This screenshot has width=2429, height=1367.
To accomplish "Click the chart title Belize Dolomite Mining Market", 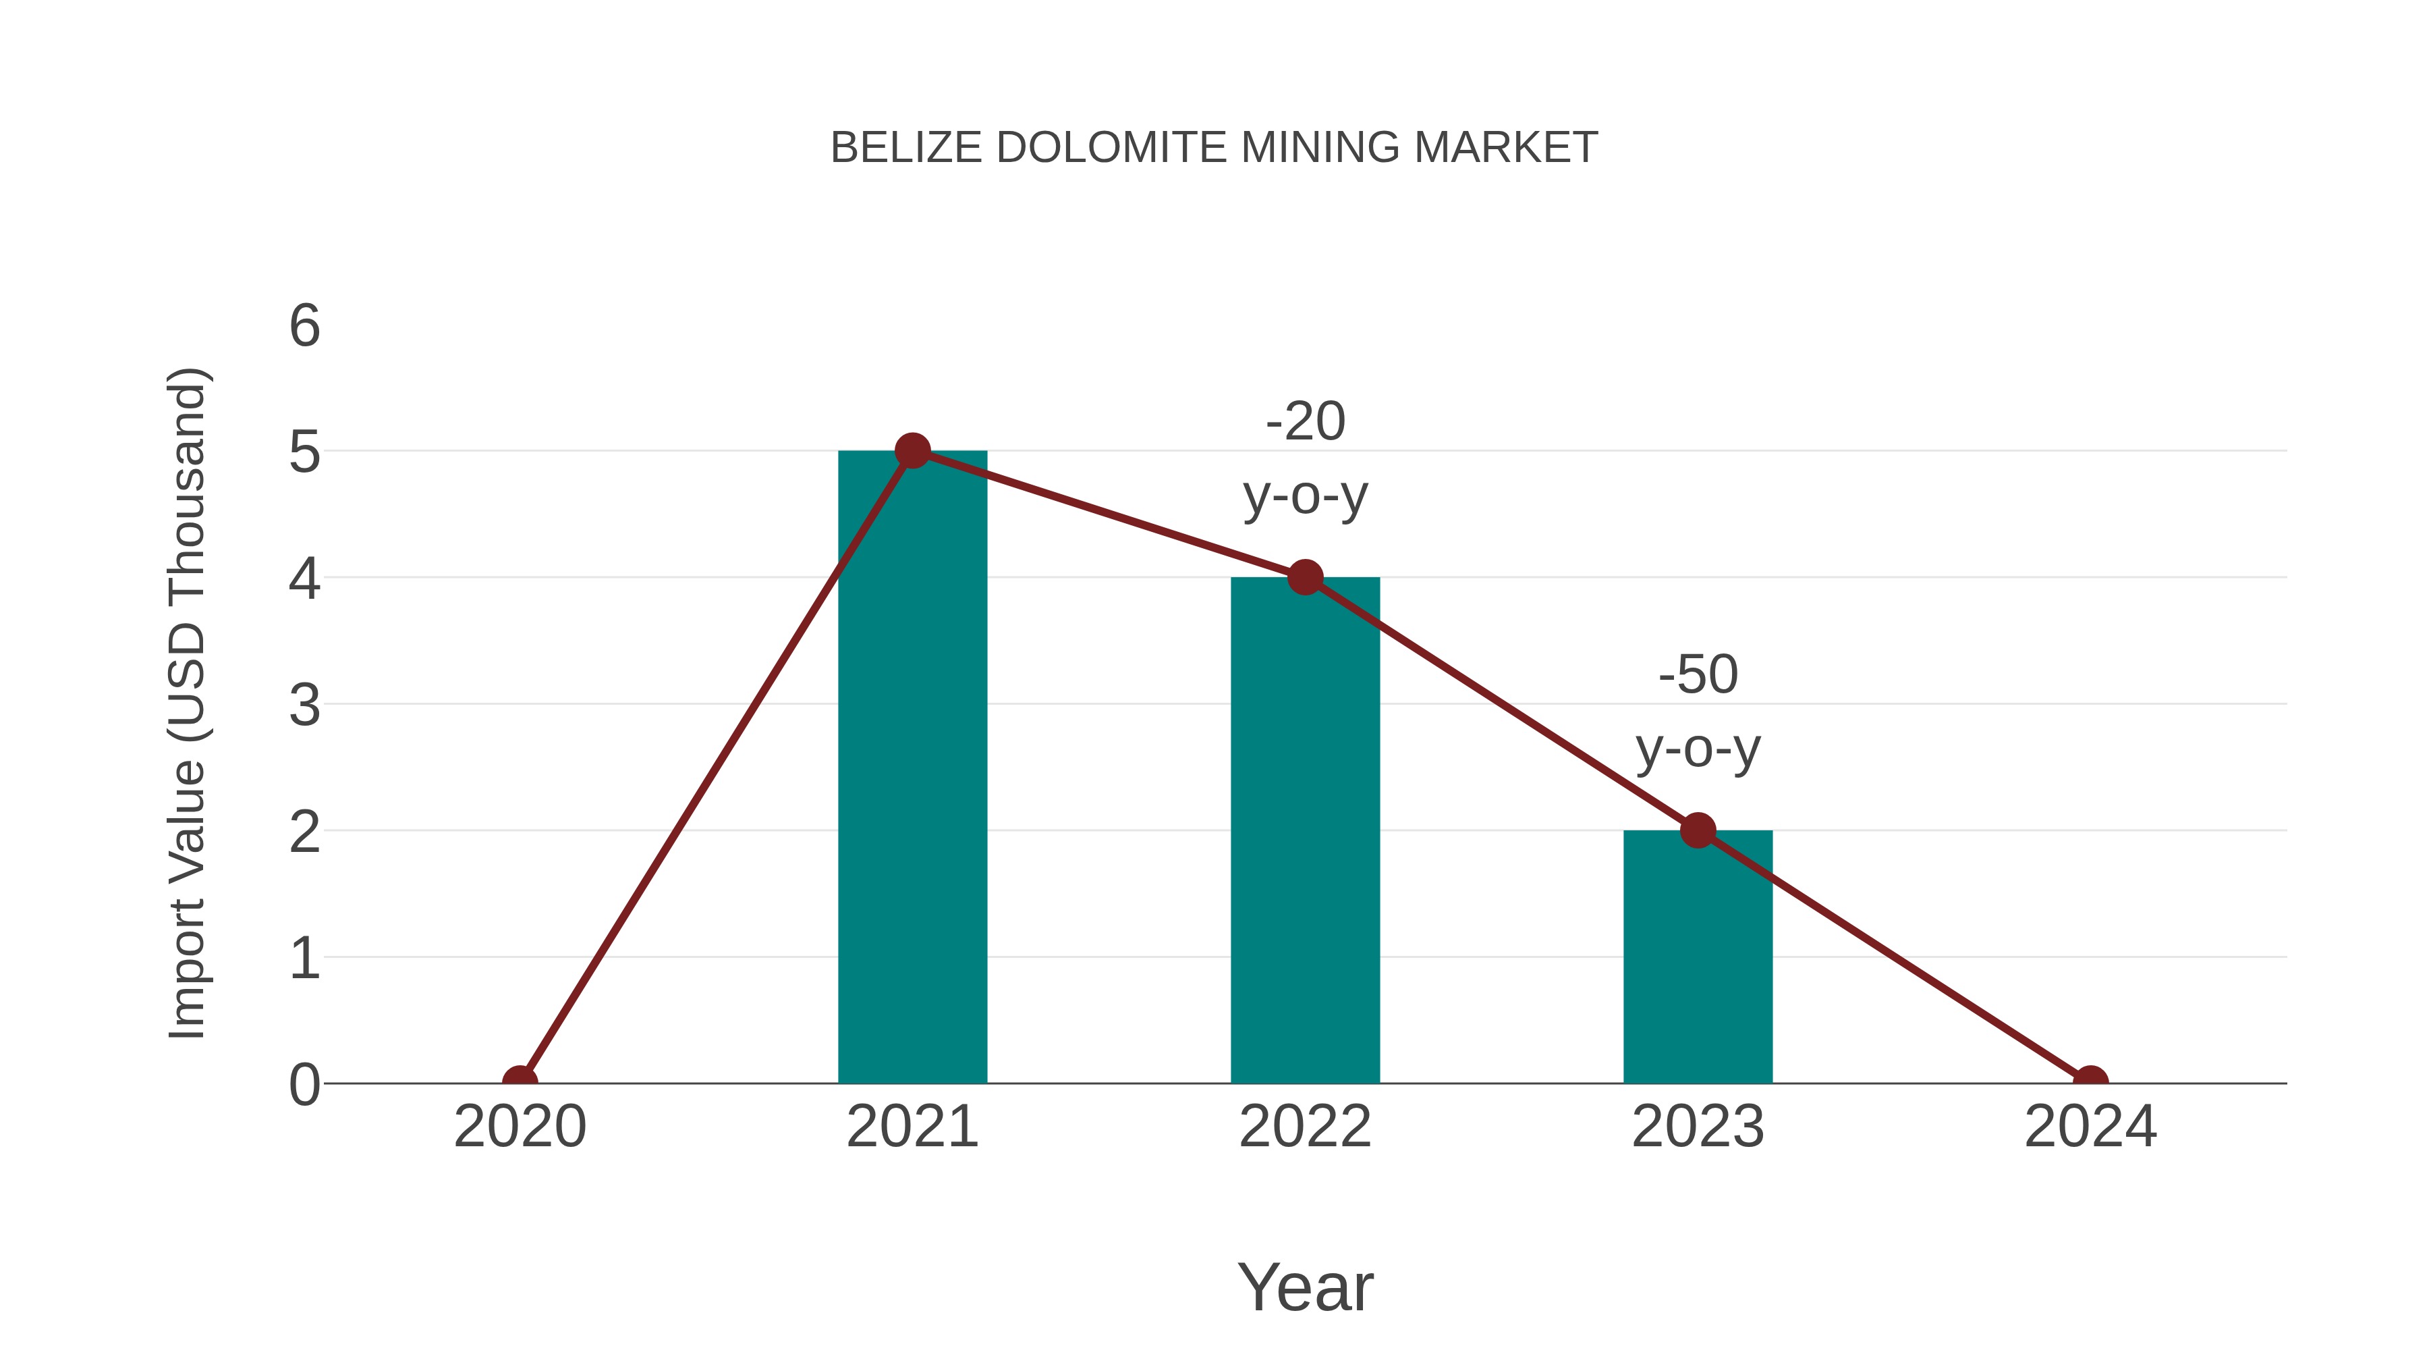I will [x=1214, y=148].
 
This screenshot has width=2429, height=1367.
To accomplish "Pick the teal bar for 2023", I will [x=1698, y=962].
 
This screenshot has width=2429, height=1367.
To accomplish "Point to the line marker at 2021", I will [x=912, y=451].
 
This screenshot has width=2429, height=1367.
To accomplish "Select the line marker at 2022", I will [x=1305, y=577].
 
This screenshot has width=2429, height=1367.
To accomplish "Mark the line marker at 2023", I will [x=1698, y=830].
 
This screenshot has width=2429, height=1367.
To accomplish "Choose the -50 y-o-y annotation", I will [x=1698, y=712].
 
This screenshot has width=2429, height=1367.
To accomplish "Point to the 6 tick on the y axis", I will [x=304, y=327].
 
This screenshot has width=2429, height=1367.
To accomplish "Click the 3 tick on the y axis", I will [x=304, y=705].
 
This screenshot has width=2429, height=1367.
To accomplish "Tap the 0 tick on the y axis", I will [x=304, y=1085].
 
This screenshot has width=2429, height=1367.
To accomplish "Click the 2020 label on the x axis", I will [x=520, y=1127].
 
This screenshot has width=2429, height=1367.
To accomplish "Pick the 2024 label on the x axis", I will [x=2090, y=1127].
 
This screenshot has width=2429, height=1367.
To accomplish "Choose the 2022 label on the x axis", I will [x=1305, y=1127].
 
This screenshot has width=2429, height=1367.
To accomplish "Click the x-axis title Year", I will [x=1305, y=1287].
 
